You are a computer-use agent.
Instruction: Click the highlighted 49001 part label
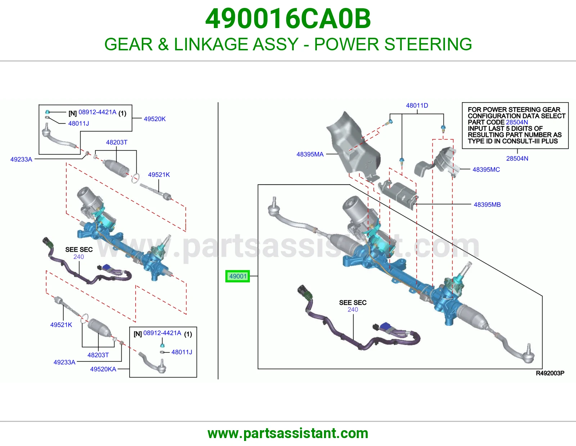point(238,276)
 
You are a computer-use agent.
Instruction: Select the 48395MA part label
point(310,154)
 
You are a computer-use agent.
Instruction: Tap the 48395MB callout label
point(487,204)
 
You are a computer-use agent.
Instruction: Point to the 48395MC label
point(486,169)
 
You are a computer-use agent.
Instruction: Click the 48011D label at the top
point(417,105)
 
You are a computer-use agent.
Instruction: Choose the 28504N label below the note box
point(517,158)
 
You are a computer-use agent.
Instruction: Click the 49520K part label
point(154,119)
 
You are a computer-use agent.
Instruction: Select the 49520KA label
point(103,369)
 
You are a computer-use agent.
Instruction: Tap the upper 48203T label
point(117,142)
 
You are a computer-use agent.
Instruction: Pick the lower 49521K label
point(61,325)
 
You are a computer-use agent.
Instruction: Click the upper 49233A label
point(21,159)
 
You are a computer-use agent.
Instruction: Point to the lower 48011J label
point(181,352)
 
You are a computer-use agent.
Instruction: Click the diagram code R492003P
point(550,373)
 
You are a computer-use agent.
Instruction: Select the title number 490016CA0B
point(288,18)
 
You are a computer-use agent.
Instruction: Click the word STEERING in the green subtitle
point(428,44)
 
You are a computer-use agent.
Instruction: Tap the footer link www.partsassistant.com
point(288,433)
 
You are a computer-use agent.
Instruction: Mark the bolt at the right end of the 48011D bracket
point(443,128)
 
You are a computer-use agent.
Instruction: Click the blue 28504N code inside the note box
point(517,122)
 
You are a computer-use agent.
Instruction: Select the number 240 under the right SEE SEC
point(353,309)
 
